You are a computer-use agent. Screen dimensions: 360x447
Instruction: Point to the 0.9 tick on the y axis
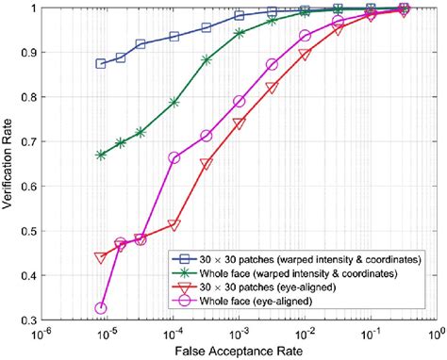pyautogui.click(x=25, y=52)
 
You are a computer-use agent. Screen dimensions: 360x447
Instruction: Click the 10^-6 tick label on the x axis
pyautogui.click(x=41, y=334)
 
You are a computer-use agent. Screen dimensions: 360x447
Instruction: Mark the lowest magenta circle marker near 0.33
pyautogui.click(x=101, y=308)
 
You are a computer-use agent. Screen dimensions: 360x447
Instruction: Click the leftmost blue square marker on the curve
pyautogui.click(x=101, y=63)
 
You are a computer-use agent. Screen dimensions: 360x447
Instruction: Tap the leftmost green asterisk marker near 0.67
pyautogui.click(x=101, y=155)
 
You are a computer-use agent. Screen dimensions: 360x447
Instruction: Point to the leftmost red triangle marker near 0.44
pyautogui.click(x=101, y=257)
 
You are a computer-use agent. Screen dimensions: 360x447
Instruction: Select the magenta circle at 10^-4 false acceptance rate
pyautogui.click(x=174, y=157)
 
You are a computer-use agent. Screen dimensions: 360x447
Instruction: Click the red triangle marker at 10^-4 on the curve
pyautogui.click(x=174, y=225)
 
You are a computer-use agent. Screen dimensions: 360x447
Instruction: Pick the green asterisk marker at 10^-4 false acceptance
pyautogui.click(x=174, y=102)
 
